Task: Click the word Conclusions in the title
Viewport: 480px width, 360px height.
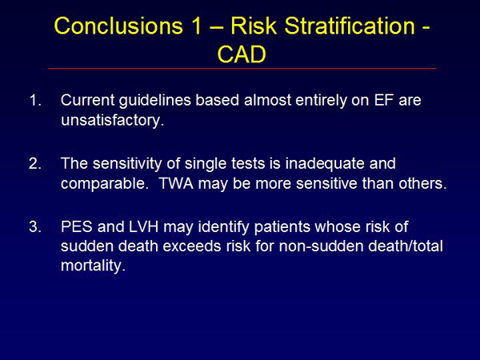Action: pyautogui.click(x=118, y=26)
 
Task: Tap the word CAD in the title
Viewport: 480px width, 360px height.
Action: pyautogui.click(x=242, y=54)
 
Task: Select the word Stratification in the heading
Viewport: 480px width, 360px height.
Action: pyautogui.click(x=350, y=26)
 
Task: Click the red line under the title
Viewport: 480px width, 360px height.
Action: pyautogui.click(x=242, y=68)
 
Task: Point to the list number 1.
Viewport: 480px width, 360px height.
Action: pyautogui.click(x=35, y=101)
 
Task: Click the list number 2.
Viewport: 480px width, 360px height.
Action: pyautogui.click(x=35, y=164)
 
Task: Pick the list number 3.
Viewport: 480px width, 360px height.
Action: pyautogui.click(x=35, y=227)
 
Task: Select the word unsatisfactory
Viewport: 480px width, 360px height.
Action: pyautogui.click(x=112, y=120)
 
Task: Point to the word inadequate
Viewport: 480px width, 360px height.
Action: pyautogui.click(x=325, y=164)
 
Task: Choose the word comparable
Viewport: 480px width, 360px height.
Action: pyautogui.click(x=104, y=184)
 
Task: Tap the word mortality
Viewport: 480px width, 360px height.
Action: pyautogui.click(x=93, y=266)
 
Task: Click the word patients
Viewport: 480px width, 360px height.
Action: pyautogui.click(x=282, y=227)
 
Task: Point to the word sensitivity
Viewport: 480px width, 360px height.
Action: pyautogui.click(x=127, y=164)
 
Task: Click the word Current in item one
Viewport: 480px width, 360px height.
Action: pyautogui.click(x=88, y=101)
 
